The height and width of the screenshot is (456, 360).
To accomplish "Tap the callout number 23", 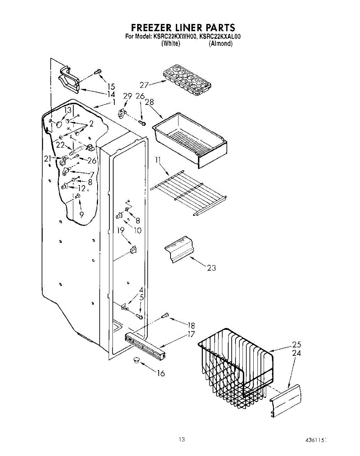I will [212, 268].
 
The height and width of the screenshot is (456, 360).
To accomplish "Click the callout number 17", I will [190, 334].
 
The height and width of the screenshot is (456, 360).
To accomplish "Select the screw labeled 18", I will [166, 315].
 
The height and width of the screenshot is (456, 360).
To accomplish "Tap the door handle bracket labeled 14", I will [68, 81].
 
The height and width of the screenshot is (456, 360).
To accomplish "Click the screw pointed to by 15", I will [98, 71].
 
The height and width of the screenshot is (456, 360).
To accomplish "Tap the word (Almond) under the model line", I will [220, 44].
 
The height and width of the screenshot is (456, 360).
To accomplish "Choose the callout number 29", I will [127, 97].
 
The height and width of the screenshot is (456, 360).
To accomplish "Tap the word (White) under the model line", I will [171, 44].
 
